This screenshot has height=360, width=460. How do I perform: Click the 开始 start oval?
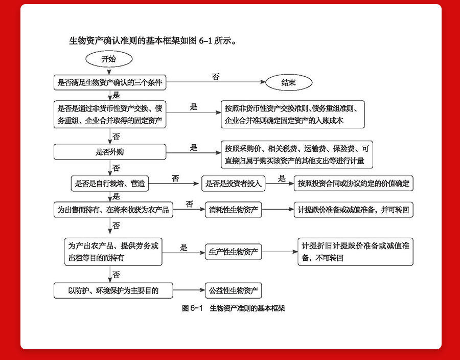pyautogui.click(x=108, y=59)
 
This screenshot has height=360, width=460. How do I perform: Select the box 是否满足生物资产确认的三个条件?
pyautogui.click(x=110, y=82)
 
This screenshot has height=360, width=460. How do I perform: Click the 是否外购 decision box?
pyautogui.click(x=110, y=152)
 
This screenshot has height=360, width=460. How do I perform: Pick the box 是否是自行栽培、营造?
pyautogui.click(x=110, y=184)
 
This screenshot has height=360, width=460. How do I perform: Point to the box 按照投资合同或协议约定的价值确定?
pyautogui.click(x=354, y=184)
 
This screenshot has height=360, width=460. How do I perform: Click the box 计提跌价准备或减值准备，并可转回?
pyautogui.click(x=354, y=210)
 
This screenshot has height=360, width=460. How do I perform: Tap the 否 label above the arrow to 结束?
pyautogui.click(x=216, y=77)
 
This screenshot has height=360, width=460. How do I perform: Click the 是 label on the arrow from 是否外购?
pyautogui.click(x=194, y=147)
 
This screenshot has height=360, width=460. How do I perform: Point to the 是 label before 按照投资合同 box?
pyautogui.click(x=282, y=178)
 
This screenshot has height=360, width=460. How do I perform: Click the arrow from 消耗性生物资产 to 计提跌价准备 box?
pyautogui.click(x=277, y=210)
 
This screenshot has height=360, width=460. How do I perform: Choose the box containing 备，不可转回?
pyautogui.click(x=355, y=252)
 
